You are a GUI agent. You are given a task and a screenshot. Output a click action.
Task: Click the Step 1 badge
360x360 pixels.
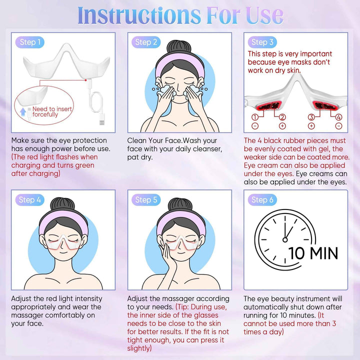30,42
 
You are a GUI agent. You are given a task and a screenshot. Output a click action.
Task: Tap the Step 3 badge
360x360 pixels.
262,42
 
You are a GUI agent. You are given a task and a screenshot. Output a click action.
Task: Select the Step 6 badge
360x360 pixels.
262,199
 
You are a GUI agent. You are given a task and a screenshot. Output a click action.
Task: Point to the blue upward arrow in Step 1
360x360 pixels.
22,112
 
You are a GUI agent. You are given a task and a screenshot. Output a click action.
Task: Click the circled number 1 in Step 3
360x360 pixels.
255,117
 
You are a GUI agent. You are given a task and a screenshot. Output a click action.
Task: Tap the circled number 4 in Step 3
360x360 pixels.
338,117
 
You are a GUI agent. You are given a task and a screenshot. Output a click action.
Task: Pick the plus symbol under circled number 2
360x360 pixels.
282,126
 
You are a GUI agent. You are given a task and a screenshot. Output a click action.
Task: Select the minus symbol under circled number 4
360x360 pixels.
338,126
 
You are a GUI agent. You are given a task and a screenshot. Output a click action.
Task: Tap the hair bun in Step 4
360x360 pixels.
62,204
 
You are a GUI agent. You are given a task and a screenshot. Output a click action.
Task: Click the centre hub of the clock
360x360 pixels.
285,240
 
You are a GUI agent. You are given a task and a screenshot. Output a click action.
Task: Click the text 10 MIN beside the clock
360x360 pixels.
313,253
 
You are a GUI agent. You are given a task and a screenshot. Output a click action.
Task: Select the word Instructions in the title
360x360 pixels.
139,15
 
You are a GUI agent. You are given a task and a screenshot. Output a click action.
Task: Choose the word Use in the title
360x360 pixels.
264,15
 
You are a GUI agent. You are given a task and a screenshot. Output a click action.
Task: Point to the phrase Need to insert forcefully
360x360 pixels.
52,111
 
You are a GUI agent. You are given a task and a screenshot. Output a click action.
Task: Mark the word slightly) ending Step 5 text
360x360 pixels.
139,348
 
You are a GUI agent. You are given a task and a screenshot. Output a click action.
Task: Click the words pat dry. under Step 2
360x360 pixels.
140,157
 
